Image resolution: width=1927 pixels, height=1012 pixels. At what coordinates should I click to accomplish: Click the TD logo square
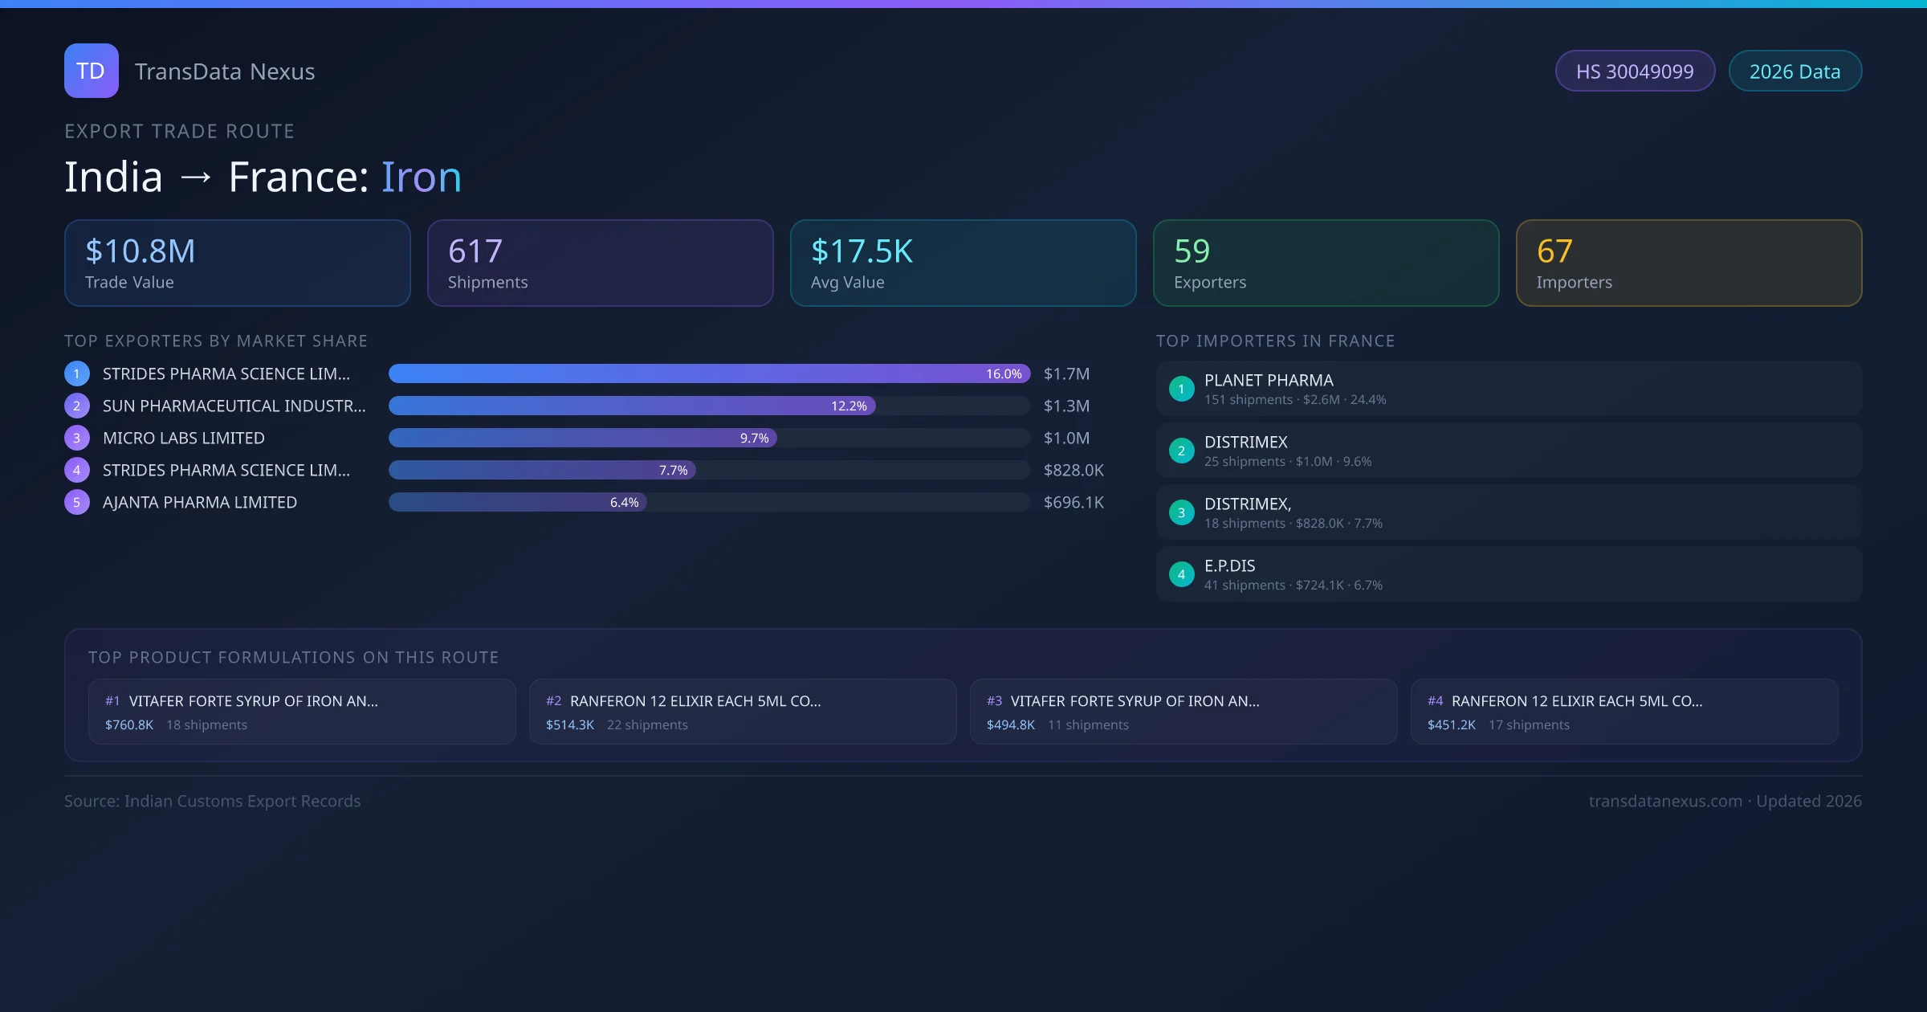click(91, 71)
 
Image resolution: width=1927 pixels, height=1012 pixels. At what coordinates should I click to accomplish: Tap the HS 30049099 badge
click(1634, 71)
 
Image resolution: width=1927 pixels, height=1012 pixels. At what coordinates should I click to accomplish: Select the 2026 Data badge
click(1795, 71)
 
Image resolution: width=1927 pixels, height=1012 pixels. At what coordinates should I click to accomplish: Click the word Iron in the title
click(421, 177)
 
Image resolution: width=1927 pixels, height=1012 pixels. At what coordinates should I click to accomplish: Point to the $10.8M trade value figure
click(140, 251)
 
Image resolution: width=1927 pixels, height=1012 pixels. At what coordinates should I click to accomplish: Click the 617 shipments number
click(475, 251)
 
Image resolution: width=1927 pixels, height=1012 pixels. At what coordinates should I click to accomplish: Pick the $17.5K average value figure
click(862, 251)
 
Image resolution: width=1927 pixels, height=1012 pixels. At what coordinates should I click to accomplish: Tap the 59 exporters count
click(1192, 251)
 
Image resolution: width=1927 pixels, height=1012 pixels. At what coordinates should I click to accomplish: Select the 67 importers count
click(1554, 251)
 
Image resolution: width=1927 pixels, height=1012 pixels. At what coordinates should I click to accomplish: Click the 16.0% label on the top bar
click(1004, 374)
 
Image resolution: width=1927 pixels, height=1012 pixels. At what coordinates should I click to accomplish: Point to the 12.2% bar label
click(849, 406)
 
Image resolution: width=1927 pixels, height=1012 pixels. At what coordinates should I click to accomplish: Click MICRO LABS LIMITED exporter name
click(184, 438)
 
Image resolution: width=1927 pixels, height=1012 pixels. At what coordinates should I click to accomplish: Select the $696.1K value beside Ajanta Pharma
click(1073, 503)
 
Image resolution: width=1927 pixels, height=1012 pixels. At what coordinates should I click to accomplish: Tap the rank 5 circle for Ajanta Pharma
click(77, 503)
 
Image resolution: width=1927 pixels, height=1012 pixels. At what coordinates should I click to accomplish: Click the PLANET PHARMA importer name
click(1269, 381)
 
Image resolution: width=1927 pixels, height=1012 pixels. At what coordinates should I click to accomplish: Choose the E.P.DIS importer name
click(1229, 566)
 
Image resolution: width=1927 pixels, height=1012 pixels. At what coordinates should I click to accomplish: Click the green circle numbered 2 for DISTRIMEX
click(1181, 451)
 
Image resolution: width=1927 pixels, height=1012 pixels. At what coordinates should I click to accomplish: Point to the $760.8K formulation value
click(129, 725)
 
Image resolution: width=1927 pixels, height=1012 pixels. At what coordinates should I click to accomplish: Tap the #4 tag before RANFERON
click(1435, 701)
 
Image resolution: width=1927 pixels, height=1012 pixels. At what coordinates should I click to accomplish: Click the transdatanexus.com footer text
click(1665, 802)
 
